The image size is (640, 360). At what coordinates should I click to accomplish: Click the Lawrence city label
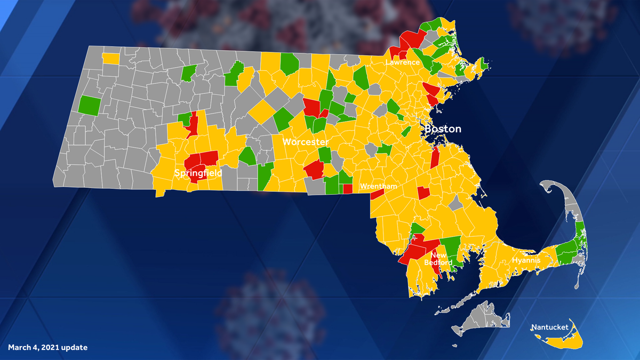pos(403,62)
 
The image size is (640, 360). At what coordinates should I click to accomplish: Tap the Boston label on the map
pos(443,129)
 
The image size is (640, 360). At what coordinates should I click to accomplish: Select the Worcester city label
pos(305,142)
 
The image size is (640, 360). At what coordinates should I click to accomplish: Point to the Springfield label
pos(198,173)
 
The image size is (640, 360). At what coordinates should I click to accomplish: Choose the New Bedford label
pos(442,259)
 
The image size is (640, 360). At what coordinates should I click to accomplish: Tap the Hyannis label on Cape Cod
pos(526,260)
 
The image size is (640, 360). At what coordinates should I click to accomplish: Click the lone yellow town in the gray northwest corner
pos(110,58)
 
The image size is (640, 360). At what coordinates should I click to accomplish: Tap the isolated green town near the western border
pos(89,105)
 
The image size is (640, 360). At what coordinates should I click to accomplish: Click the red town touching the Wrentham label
pos(377,194)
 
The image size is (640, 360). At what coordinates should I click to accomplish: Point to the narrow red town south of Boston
pos(435,158)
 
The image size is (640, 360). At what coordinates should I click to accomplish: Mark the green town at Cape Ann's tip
pos(484,65)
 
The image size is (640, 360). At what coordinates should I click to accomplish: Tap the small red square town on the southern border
pos(347,188)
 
